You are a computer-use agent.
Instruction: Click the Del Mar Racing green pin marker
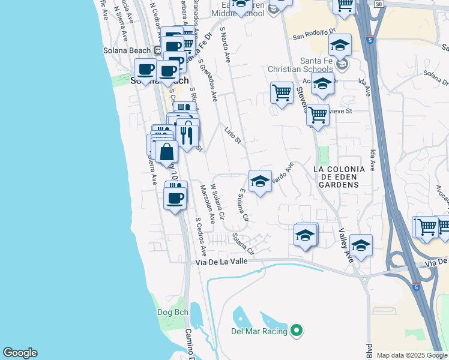tap(296, 330)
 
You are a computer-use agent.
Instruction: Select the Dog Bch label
tap(173, 312)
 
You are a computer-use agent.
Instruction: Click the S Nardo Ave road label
tap(226, 47)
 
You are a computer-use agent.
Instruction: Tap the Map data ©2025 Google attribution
tap(412, 355)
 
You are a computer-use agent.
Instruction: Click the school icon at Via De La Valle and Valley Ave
tap(361, 245)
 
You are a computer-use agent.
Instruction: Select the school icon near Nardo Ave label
tap(259, 181)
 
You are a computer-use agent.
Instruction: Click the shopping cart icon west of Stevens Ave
tap(282, 93)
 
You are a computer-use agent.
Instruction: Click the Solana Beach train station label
tap(127, 50)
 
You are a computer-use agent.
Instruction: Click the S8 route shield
tap(395, 4)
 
